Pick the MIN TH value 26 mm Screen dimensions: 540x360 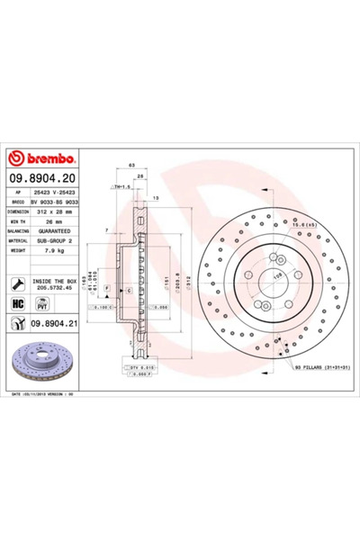[49, 221]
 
